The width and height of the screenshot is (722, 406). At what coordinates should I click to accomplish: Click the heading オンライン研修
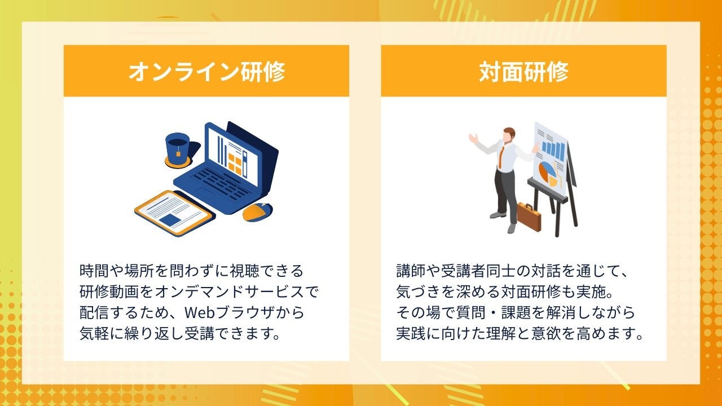pos(206,71)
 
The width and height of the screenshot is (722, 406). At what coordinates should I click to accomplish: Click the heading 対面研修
pos(523,71)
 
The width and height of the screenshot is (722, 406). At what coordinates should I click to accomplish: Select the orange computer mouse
pos(257,212)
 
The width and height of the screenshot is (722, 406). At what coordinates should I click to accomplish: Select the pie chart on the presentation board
pos(547,173)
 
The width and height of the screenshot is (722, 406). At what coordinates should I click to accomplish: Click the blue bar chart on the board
pos(554,151)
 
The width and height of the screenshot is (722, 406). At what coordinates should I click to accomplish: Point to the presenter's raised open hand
pos(473,138)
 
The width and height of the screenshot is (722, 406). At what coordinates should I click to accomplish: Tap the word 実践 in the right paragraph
pos(411,333)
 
